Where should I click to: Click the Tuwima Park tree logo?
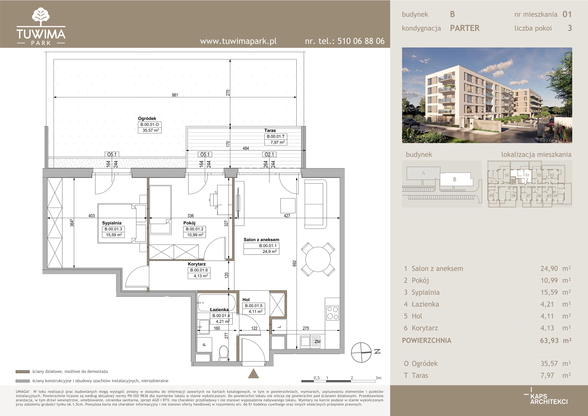coord(41,17)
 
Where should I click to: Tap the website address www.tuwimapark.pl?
coord(238,41)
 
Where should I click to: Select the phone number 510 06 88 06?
coord(361,41)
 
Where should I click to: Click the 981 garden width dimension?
coord(175,95)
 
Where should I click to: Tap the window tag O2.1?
coord(269,154)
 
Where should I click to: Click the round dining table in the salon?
coord(318,259)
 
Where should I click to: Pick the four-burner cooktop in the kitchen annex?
coord(332,313)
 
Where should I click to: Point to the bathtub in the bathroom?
coord(217,303)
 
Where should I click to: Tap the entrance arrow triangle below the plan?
coord(253,374)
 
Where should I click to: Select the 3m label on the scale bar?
coord(378,378)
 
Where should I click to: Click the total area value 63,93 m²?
coord(555,340)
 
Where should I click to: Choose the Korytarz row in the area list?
coord(487,328)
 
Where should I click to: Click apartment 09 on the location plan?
coord(491,195)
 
